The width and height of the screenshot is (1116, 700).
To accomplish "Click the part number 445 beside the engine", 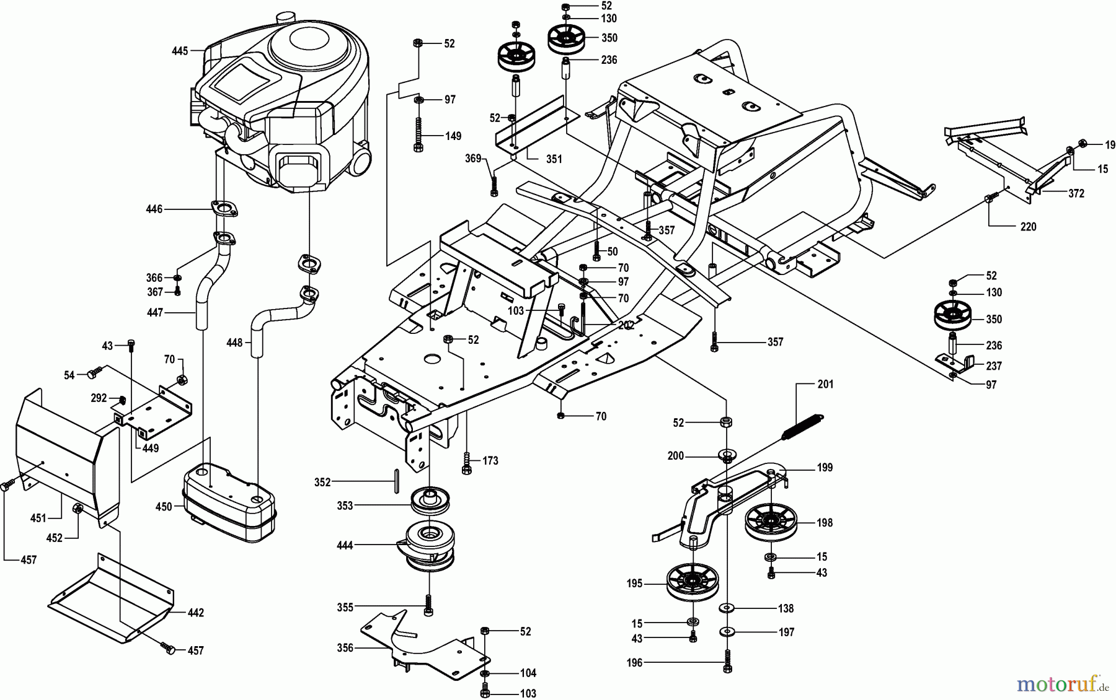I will point(180,51).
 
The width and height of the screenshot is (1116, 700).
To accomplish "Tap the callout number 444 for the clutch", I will point(345,545).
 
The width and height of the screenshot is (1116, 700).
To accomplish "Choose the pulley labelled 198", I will point(771,522).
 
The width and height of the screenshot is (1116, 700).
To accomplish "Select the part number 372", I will point(1076,193).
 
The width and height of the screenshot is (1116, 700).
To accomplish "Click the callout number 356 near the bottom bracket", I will point(345,648).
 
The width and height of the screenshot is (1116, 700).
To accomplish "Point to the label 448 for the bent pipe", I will point(234,342).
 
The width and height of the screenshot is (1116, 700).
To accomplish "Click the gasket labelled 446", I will point(223,209).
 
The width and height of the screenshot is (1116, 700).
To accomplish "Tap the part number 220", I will point(1028,227).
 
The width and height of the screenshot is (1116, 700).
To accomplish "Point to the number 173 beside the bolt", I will point(490,461).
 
